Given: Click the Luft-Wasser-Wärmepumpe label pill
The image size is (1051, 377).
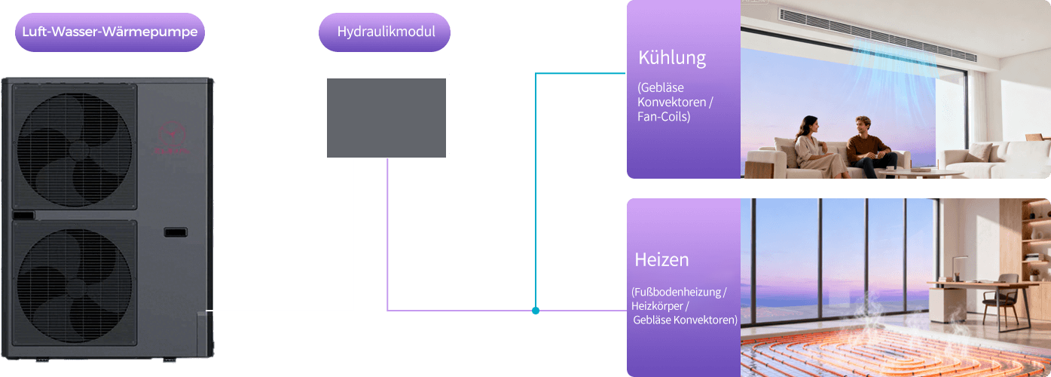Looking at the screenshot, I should click(x=109, y=32).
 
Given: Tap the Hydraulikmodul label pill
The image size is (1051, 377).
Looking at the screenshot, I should click(x=384, y=32).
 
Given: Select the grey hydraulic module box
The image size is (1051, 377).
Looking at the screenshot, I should click(x=387, y=115).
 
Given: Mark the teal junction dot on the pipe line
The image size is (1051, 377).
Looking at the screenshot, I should click(x=535, y=311).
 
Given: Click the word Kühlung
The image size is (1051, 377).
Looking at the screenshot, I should click(x=671, y=58).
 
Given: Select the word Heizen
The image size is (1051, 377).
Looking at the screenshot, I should click(x=661, y=260).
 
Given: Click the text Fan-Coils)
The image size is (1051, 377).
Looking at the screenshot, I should click(x=664, y=118).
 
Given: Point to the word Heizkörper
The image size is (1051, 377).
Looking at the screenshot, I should click(x=658, y=305).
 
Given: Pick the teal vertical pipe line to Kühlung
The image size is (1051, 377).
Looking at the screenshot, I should click(x=535, y=188).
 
